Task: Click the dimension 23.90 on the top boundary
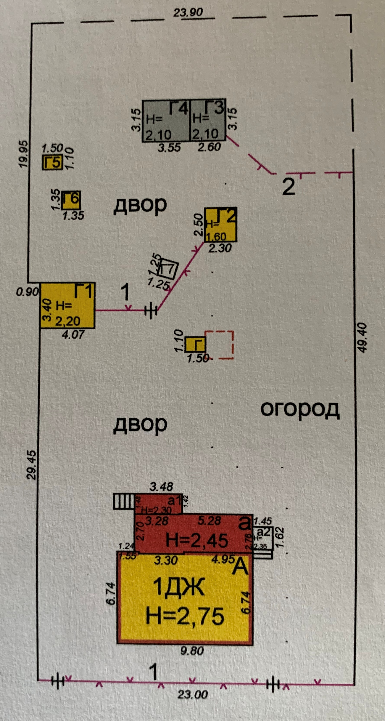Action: point(188,13)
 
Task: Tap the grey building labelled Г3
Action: point(208,121)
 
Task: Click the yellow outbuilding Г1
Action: point(68,305)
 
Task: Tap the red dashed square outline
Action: point(220,345)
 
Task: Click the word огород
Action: point(300,409)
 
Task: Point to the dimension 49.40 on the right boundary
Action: point(362,337)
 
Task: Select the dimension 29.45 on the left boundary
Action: point(32,465)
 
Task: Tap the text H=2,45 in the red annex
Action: point(197,540)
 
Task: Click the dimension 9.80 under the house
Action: point(192,651)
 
